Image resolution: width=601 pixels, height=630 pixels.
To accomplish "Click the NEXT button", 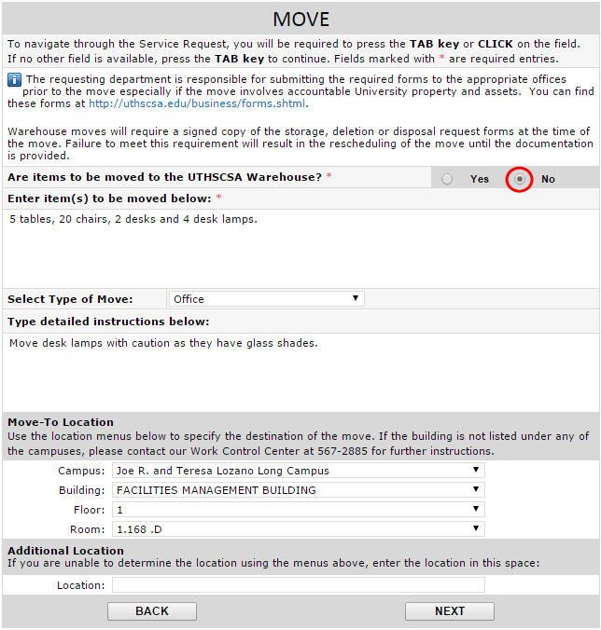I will click(x=449, y=611).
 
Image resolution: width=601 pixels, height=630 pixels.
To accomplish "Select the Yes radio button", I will click(x=448, y=179).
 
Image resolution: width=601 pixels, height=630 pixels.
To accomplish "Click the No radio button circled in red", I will click(x=519, y=179).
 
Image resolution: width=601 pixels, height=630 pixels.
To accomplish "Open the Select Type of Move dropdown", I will click(x=266, y=299).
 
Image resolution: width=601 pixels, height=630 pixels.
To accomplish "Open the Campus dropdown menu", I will click(x=298, y=471).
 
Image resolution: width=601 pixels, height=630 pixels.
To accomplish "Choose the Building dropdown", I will click(x=298, y=490).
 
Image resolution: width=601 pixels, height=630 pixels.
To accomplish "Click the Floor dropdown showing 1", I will click(x=298, y=510).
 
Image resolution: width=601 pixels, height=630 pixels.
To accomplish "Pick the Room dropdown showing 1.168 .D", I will click(x=298, y=529).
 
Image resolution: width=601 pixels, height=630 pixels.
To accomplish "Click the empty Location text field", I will click(x=298, y=585).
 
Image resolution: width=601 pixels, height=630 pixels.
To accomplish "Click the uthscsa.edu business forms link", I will click(x=198, y=103).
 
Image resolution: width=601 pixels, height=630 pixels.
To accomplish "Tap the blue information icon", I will click(x=14, y=80).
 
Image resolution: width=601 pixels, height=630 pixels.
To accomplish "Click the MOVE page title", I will click(x=300, y=20).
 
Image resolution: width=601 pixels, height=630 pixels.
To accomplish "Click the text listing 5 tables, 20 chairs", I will click(x=133, y=220).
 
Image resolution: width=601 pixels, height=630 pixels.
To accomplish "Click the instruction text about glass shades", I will click(x=163, y=343).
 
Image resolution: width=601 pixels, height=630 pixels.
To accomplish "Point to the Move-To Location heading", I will click(x=61, y=422).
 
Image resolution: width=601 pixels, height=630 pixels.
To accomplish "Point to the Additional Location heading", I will click(x=65, y=551).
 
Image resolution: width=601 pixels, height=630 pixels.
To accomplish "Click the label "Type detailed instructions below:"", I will click(x=108, y=322).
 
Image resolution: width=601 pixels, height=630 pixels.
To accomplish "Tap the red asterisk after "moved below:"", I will click(x=219, y=199).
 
